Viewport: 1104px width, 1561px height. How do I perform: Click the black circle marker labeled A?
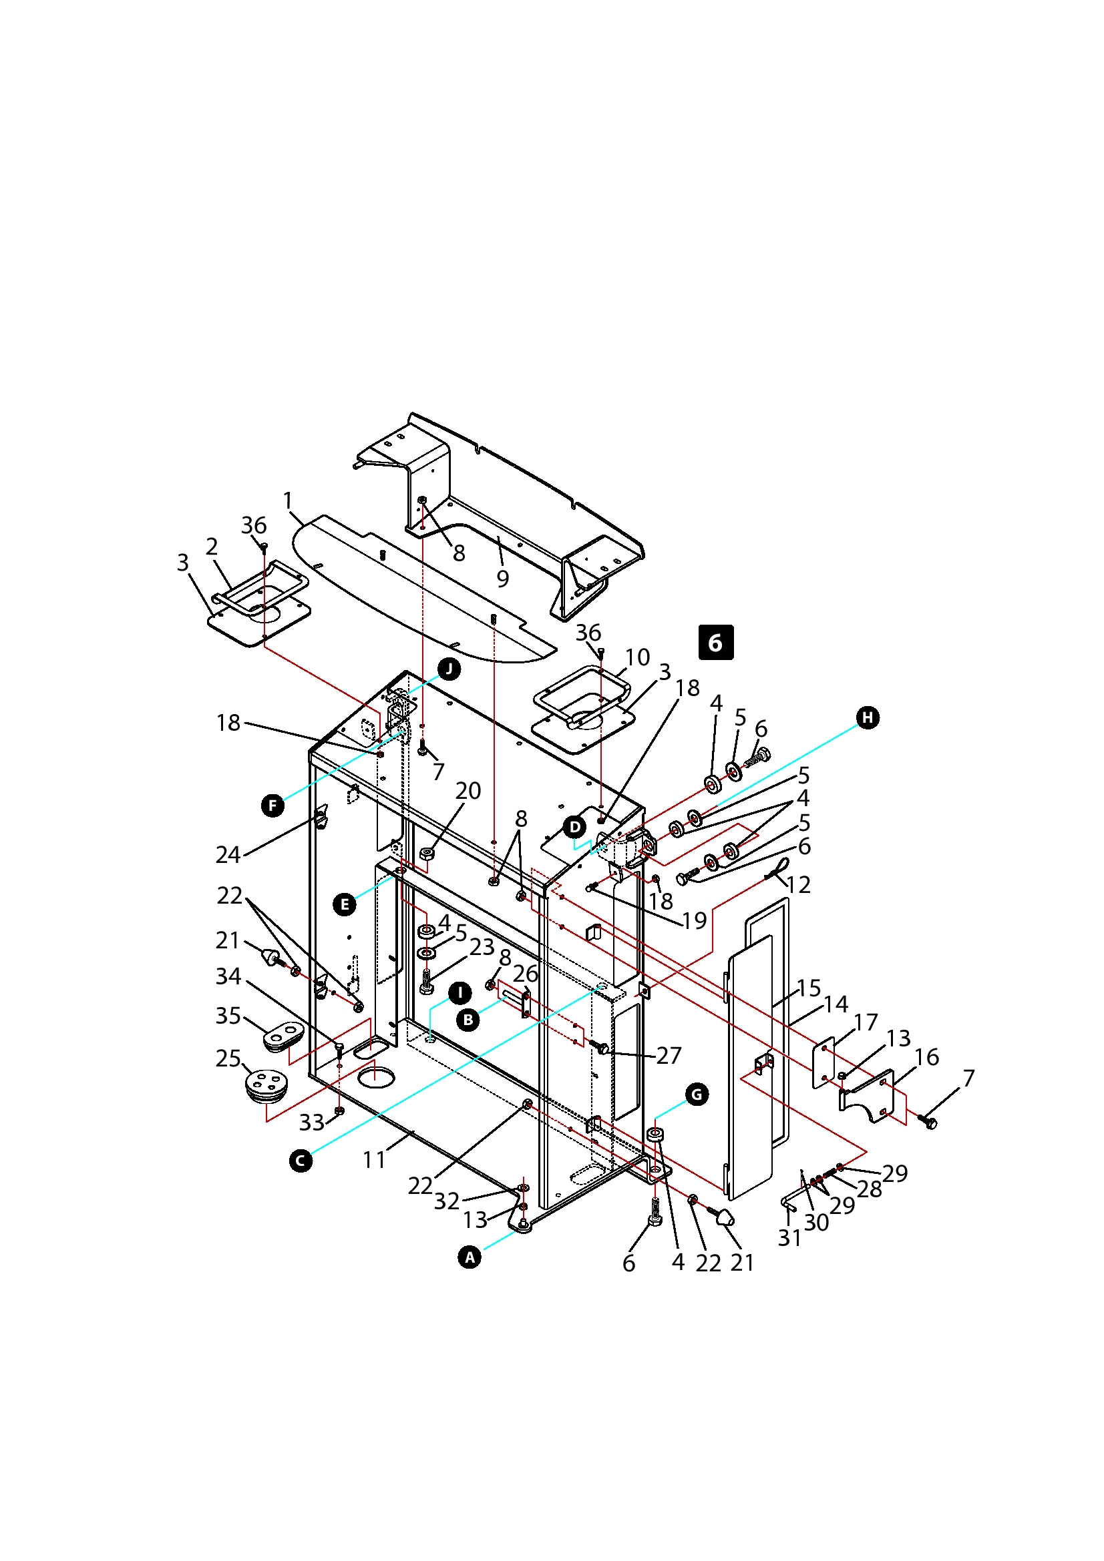[x=470, y=1258]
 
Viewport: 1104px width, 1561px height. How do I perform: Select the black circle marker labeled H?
[x=868, y=718]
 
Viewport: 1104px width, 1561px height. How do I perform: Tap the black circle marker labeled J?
[x=449, y=669]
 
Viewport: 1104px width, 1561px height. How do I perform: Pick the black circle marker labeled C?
[x=301, y=1161]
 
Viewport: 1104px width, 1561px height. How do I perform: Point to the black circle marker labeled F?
[x=272, y=806]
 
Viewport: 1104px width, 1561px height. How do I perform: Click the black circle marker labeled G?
[x=697, y=1095]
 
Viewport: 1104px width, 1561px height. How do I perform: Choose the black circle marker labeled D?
[x=575, y=828]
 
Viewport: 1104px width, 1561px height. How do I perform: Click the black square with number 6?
[x=715, y=643]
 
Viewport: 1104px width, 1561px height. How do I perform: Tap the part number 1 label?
[x=288, y=501]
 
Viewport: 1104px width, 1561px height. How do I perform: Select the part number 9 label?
[x=503, y=579]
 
